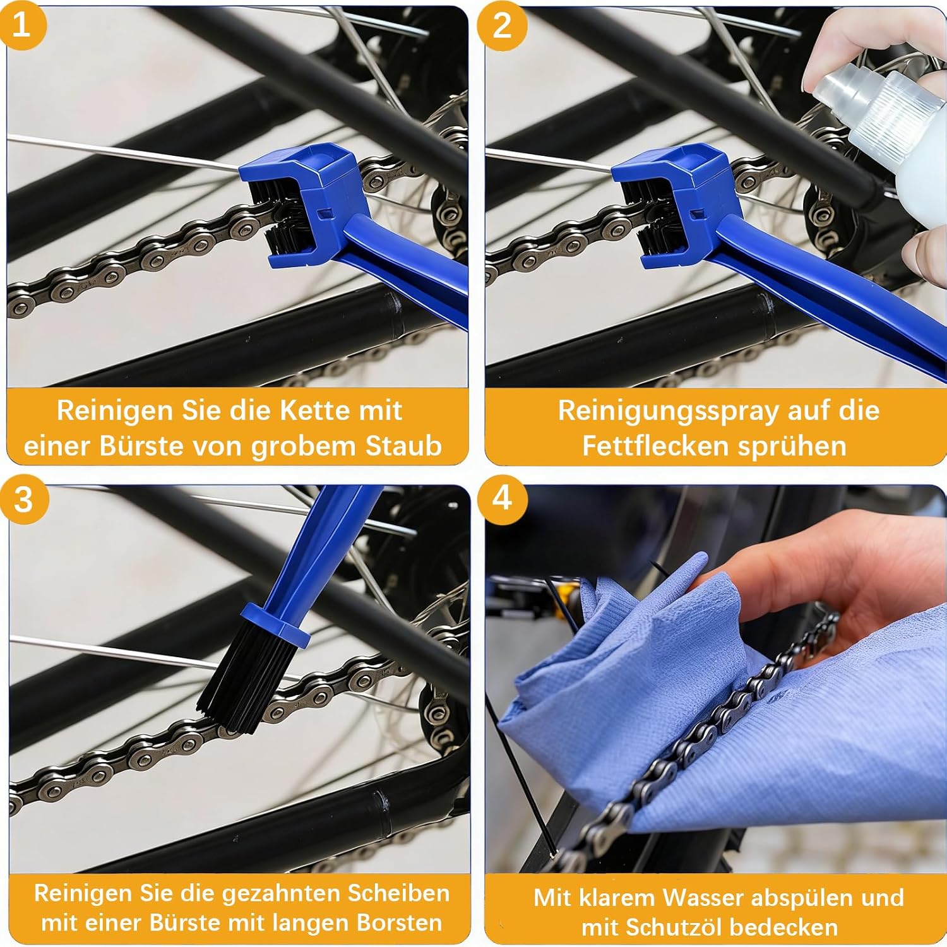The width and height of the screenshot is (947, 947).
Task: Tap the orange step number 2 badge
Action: click(502, 26)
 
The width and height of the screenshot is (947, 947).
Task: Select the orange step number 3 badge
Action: click(23, 500)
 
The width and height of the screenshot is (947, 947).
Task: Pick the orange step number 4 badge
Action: click(502, 498)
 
